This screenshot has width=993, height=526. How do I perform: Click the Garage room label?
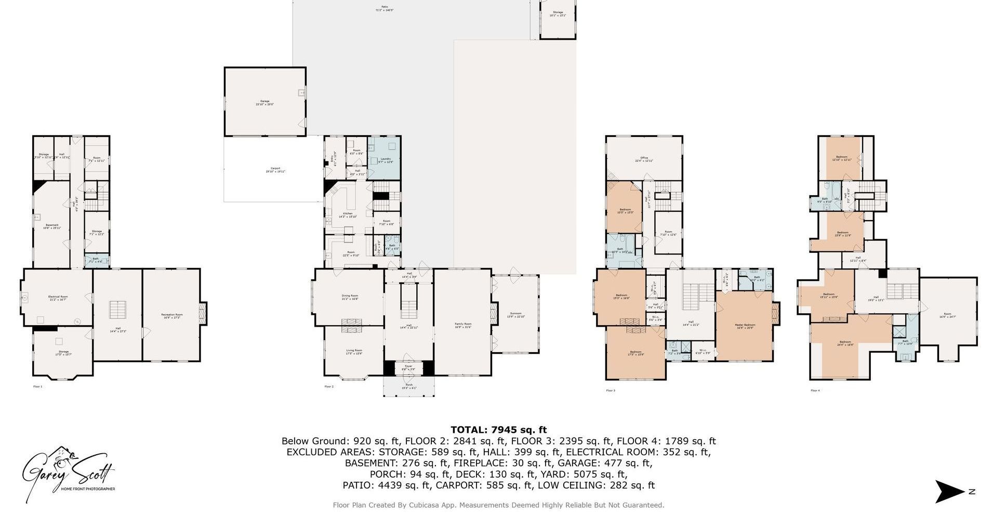pos(264,102)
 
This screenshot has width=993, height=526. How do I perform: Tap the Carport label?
pos(275,170)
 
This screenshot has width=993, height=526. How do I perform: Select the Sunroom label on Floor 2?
pos(515,315)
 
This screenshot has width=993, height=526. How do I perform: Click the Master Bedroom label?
pos(745,326)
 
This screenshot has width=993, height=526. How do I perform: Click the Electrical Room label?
pos(58,298)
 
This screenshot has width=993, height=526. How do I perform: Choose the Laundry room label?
pos(385,160)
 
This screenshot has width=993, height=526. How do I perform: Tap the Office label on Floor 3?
pos(644,159)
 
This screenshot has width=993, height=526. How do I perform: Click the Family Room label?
pos(463,325)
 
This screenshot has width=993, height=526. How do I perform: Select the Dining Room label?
pos(350,297)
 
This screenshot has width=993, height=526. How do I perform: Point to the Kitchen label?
pos(348,215)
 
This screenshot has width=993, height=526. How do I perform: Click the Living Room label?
pos(354,352)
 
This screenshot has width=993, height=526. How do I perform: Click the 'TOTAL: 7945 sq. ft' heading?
pos(498,430)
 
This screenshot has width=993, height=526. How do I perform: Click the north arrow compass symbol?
pos(950,492)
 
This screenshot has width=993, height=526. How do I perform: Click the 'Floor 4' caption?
pos(815,390)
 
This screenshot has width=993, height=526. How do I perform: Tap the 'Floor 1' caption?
pos(38,387)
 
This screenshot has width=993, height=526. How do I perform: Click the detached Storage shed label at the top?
pos(558,14)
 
